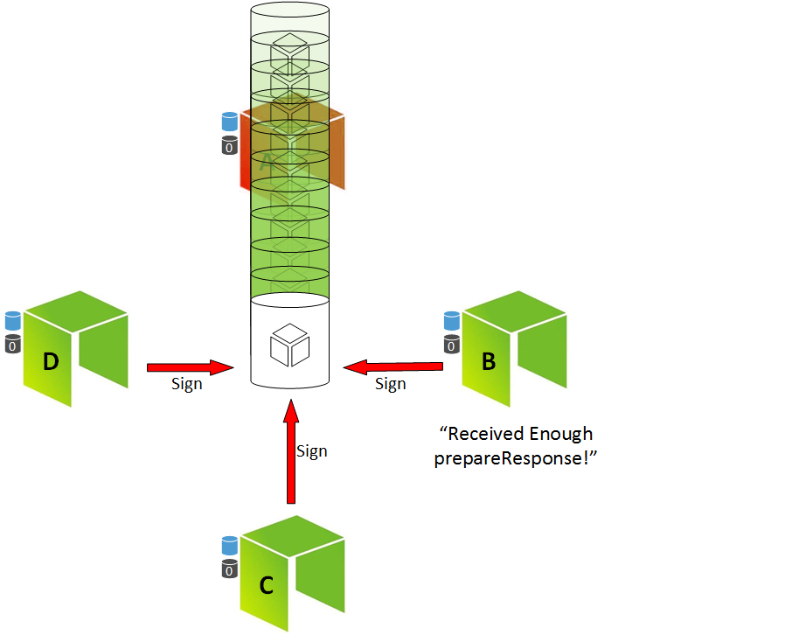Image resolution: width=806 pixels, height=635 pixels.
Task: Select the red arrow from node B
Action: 390,365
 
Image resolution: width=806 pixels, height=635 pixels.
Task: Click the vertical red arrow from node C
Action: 290,450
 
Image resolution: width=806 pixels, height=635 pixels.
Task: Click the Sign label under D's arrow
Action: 187,384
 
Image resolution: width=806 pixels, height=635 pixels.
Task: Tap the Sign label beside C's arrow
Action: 312,451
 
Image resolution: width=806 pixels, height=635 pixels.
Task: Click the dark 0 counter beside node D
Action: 13,345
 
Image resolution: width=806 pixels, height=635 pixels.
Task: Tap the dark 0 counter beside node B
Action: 451,345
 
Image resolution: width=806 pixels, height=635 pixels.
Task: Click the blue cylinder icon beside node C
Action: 230,546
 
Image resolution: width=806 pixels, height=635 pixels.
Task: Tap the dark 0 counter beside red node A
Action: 230,145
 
